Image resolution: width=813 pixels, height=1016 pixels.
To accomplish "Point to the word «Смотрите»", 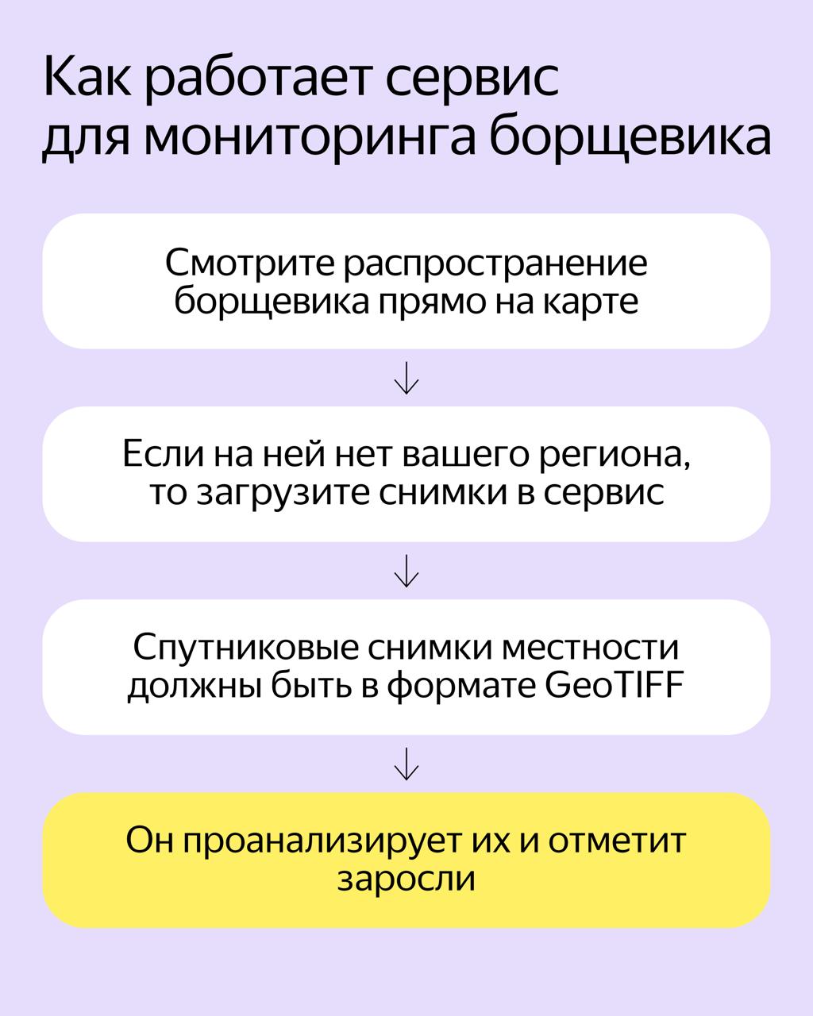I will pos(249,264).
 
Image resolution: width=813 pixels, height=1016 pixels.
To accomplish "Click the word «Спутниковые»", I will pos(245,648).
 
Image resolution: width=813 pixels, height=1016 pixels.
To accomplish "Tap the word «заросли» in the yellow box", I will pos(406,879).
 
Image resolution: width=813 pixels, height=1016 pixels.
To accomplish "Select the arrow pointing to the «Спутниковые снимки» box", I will pos(406,571).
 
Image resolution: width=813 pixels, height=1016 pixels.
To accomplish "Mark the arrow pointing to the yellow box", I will pos(406,764).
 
